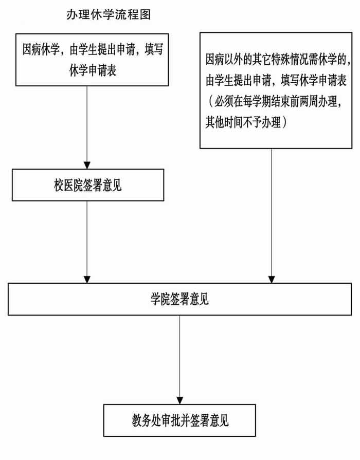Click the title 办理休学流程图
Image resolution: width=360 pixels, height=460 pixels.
109,14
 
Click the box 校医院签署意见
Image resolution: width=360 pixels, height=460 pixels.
88,185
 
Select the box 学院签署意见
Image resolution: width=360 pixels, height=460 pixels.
179,299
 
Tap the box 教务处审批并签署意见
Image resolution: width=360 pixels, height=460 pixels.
179,420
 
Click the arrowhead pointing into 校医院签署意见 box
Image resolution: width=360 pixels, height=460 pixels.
87,165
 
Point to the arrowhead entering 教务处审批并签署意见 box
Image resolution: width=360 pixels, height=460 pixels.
179,400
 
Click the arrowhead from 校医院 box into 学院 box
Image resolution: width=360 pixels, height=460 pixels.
87,279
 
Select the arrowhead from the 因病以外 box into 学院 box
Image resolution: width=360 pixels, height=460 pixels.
272,279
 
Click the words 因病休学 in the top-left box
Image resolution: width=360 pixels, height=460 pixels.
41,49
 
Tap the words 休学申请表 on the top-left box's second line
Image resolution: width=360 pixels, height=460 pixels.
93,70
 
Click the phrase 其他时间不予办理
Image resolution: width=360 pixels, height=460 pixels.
243,122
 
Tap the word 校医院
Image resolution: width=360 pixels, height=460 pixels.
68,185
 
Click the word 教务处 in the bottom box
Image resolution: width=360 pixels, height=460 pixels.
146,420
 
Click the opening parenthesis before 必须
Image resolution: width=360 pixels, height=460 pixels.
211,101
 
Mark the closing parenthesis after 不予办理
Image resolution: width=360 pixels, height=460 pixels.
284,122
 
